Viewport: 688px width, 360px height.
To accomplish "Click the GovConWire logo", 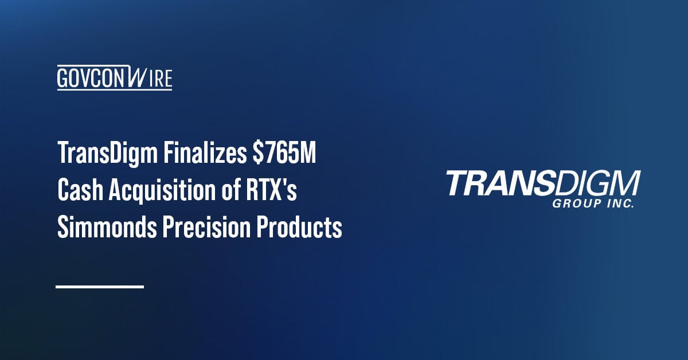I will tap(115, 77).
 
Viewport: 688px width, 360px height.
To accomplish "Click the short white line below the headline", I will tap(100, 286).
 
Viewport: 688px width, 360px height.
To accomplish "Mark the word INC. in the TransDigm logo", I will tap(621, 204).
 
